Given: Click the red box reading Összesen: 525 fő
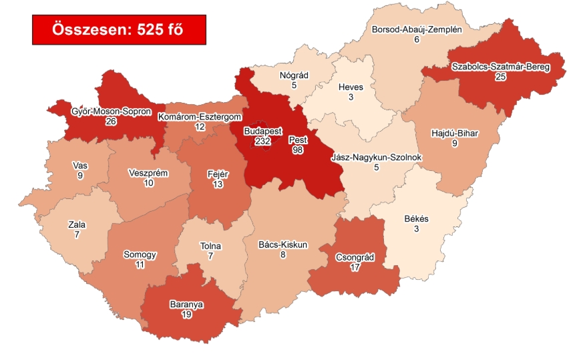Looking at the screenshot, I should point(119,29).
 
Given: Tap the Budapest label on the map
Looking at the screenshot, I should point(262,131).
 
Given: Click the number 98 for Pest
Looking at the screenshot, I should point(298,151).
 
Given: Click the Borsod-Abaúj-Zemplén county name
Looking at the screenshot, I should point(416,30).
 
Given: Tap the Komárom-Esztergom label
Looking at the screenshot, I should point(191,117).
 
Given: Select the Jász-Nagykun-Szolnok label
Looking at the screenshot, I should point(376,158).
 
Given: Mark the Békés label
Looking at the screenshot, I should point(416,219).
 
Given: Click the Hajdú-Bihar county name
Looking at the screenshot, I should point(455,132).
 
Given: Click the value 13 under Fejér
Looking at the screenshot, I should point(218,184).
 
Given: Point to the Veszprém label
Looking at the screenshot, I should point(148,173).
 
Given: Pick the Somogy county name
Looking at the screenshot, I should point(140,254).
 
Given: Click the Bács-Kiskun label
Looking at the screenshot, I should point(282,244).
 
